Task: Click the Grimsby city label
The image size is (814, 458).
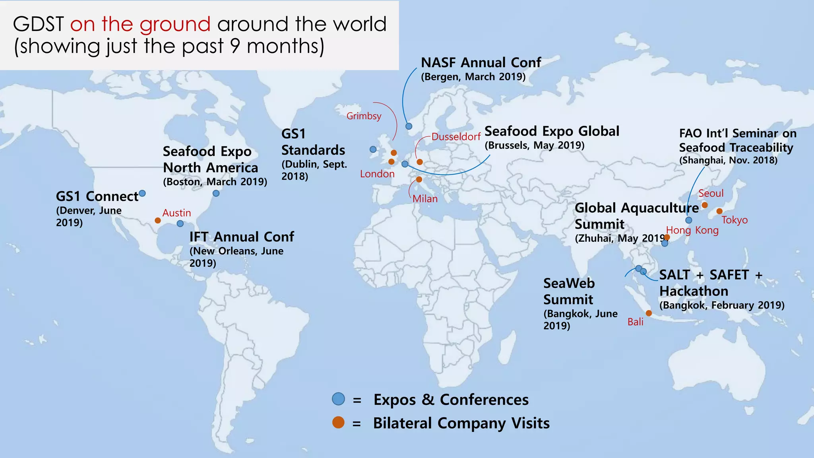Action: [x=364, y=116]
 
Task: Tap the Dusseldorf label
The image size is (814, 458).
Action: [x=456, y=137]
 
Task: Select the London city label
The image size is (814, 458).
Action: [x=377, y=174]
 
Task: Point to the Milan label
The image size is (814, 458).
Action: [x=425, y=199]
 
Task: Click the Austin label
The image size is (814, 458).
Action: [x=176, y=213]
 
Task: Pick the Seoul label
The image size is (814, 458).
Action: [x=711, y=194]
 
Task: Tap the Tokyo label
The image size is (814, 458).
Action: [x=735, y=220]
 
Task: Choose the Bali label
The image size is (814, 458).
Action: [x=635, y=322]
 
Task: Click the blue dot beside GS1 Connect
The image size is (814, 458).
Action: [x=142, y=194]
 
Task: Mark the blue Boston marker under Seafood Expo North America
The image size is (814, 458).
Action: [x=216, y=193]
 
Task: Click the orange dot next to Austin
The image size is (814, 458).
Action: [x=158, y=220]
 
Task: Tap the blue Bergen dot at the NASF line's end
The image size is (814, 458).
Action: [x=409, y=126]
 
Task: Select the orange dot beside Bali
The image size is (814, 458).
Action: [x=649, y=313]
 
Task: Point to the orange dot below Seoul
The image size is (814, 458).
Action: [x=705, y=205]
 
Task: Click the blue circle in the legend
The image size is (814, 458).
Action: [x=338, y=399]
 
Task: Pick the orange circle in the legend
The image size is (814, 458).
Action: [x=338, y=422]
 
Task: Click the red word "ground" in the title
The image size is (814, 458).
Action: [x=175, y=25]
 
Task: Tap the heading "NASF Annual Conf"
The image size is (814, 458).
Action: [x=481, y=62]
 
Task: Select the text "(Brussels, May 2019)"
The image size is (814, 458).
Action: [x=534, y=145]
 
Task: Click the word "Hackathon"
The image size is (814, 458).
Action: [x=694, y=291]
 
